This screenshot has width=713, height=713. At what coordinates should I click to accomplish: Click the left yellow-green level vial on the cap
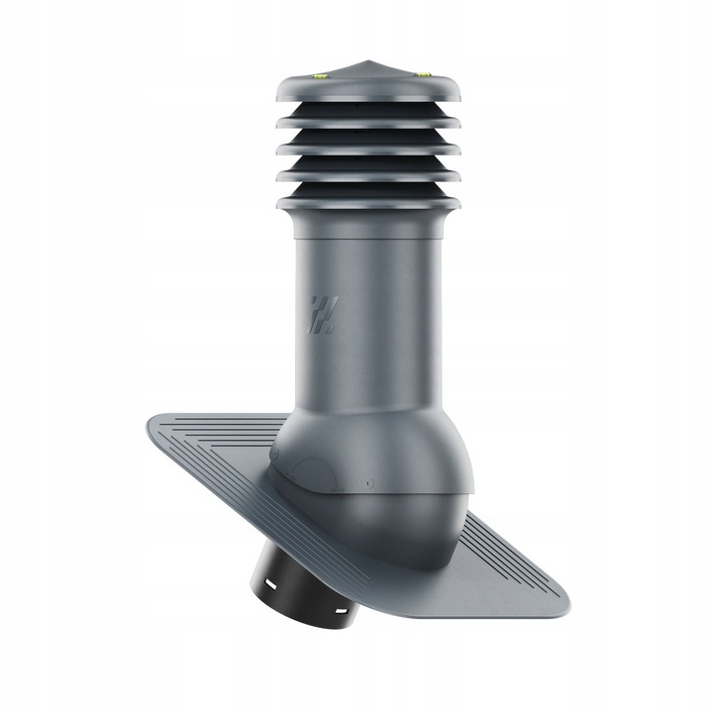pyautogui.click(x=320, y=72)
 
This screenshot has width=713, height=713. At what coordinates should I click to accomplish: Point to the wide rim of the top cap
pyautogui.click(x=368, y=89)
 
